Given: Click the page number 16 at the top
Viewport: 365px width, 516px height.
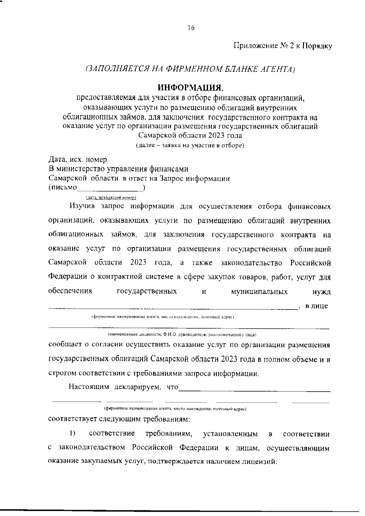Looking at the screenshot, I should (191, 28).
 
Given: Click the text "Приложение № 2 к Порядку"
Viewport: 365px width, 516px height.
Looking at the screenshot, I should (283, 46).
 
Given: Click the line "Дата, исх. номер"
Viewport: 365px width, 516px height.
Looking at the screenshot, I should (78, 159).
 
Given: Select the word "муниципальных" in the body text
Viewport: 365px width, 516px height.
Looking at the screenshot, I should (259, 292).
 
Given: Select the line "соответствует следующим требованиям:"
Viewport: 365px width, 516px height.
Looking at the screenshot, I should (119, 419).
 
